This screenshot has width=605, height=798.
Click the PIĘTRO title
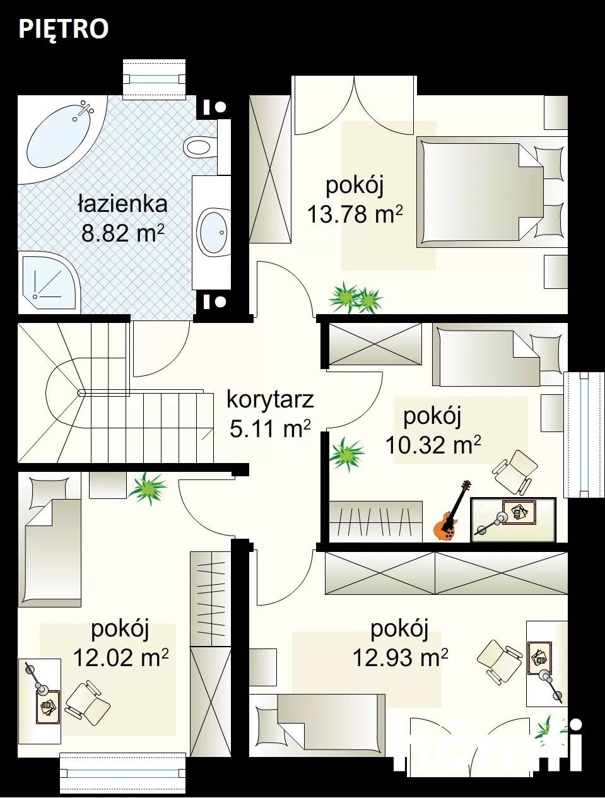63,30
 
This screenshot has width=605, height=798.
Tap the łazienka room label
123,204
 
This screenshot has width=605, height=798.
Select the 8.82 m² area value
123,232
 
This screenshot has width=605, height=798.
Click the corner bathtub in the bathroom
62,139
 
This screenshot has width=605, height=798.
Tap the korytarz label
270,399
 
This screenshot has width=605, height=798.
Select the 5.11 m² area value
270,428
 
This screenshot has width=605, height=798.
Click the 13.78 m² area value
355,214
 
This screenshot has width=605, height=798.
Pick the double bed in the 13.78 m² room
491,192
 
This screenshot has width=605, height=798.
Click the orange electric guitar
451,510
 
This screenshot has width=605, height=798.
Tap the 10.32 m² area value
433,445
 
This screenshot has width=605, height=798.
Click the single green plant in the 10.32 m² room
346,454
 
